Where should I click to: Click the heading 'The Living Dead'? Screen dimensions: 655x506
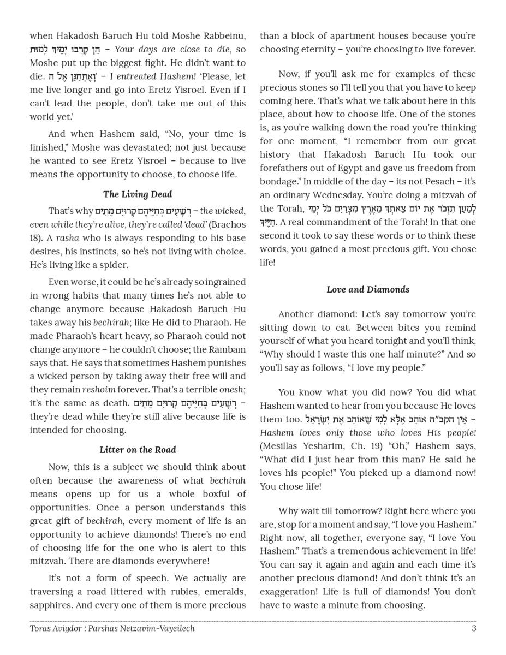coord(137,194)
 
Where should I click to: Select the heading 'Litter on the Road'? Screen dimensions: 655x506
coord(138,450)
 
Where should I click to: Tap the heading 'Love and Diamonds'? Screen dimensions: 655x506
coord(368,289)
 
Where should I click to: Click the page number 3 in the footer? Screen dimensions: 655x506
coord(474,628)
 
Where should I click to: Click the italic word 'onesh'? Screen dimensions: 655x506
coord(231,390)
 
